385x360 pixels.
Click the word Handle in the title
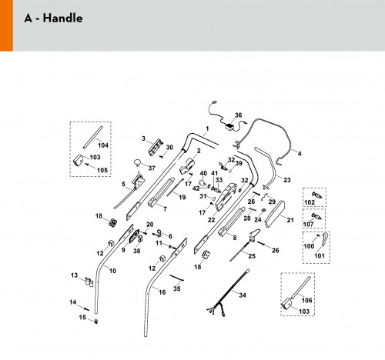pyautogui.click(x=62, y=18)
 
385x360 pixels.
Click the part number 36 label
pyautogui.click(x=238, y=115)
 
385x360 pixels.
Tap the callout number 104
pyautogui.click(x=103, y=145)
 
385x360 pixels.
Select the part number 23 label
pyautogui.click(x=287, y=180)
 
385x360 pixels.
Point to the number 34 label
pyautogui.click(x=243, y=295)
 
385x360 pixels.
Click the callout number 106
pyautogui.click(x=306, y=300)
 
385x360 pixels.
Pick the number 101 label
pyautogui.click(x=320, y=255)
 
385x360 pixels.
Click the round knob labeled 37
pyautogui.click(x=138, y=162)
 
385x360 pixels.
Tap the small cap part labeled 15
pyautogui.click(x=96, y=322)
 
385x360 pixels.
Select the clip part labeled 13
pyautogui.click(x=89, y=282)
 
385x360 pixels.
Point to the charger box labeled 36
pyautogui.click(x=229, y=127)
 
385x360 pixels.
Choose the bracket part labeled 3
pyautogui.click(x=156, y=147)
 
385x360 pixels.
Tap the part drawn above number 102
pyautogui.click(x=316, y=195)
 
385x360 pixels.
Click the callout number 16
pyautogui.click(x=162, y=292)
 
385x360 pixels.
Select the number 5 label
pyautogui.click(x=123, y=184)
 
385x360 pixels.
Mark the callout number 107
pyautogui.click(x=308, y=225)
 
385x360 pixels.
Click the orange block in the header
pyautogui.click(x=6, y=25)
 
